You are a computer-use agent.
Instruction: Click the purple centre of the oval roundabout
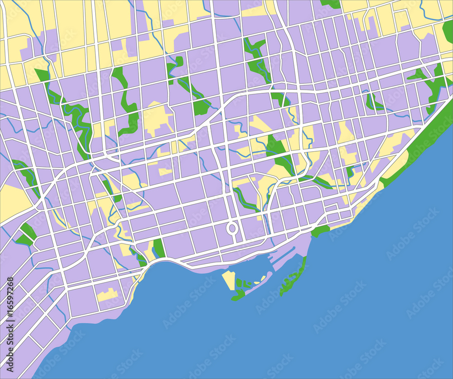tap(232, 228)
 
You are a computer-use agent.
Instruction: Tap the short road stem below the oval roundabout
tap(232, 237)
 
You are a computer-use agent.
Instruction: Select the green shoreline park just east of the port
tap(320, 231)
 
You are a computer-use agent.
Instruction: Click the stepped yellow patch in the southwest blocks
tap(108, 295)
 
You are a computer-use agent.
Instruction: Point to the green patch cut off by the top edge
tap(331, 4)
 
